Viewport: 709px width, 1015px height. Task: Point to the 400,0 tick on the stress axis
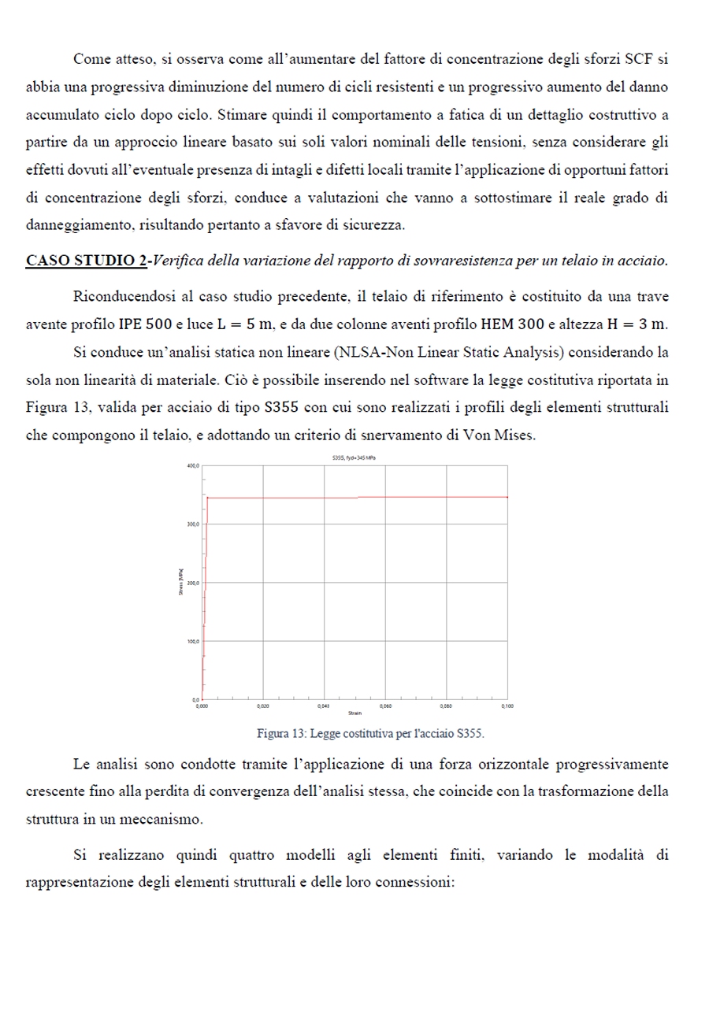[x=192, y=466]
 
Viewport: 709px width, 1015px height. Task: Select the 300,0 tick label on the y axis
[x=192, y=524]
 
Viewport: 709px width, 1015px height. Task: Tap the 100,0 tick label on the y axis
[x=192, y=642]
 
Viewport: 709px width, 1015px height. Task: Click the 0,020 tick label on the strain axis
[x=262, y=706]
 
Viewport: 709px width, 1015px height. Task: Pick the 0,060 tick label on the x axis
[x=385, y=706]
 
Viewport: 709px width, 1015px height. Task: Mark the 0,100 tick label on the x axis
[x=507, y=706]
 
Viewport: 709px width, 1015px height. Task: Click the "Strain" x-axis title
[x=354, y=713]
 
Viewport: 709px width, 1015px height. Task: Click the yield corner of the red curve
[x=207, y=498]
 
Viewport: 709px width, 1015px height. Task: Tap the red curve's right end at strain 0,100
[x=507, y=497]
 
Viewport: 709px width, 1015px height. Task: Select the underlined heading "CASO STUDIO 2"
[x=86, y=260]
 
